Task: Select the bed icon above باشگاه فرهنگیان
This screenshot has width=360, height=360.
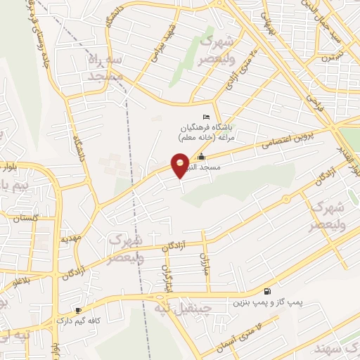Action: pyautogui.click(x=205, y=117)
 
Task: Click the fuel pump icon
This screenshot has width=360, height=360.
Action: pyautogui.click(x=267, y=291)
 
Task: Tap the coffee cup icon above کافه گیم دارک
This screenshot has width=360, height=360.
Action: pyautogui.click(x=79, y=310)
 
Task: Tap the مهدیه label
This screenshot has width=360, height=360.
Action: pyautogui.click(x=71, y=238)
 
